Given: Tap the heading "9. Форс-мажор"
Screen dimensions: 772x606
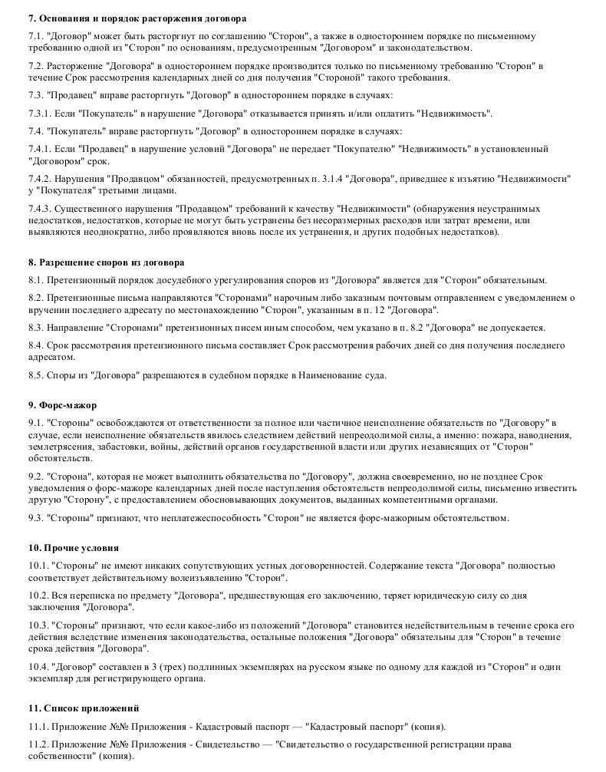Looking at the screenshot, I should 62,404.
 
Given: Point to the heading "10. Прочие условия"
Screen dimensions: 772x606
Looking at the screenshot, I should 73,548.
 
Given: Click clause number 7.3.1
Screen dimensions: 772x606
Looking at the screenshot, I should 40,114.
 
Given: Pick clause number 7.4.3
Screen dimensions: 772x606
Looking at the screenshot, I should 40,209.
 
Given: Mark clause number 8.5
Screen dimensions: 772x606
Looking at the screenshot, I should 35,375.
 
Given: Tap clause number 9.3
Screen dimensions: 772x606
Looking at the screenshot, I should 35,518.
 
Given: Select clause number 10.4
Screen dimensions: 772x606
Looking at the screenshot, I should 38,666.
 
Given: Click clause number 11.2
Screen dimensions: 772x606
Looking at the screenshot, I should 38,744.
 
